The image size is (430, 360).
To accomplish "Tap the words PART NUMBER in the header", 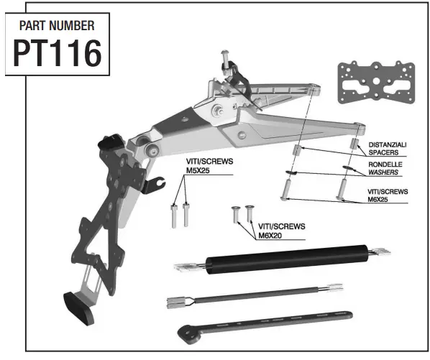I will point(56,25).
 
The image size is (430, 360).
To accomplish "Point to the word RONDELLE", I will point(385,165).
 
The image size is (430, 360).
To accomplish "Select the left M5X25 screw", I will point(174,216).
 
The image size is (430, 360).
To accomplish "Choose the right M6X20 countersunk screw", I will point(250,213).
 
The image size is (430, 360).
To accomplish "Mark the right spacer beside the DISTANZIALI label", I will point(354,146).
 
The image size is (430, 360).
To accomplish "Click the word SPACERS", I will point(385,152).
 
